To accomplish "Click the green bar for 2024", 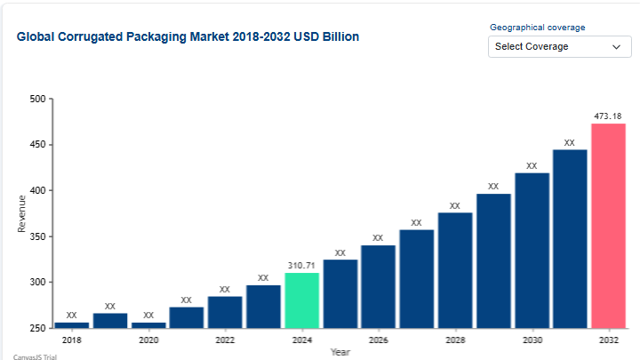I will (301, 300).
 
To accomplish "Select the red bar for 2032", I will (608, 226).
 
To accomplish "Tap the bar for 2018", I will (71, 324).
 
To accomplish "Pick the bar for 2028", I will (455, 270).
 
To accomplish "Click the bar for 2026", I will (378, 286).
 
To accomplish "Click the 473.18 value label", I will (608, 116).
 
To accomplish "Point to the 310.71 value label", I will (301, 266).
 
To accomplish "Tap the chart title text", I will (188, 37).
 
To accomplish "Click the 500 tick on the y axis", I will (36, 99).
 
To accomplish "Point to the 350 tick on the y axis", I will (36, 236).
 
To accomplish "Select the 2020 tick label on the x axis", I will (148, 340).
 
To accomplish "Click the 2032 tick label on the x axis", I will (608, 340).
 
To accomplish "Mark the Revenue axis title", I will (21, 213).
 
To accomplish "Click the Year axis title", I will (340, 352).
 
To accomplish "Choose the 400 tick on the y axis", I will (36, 190).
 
